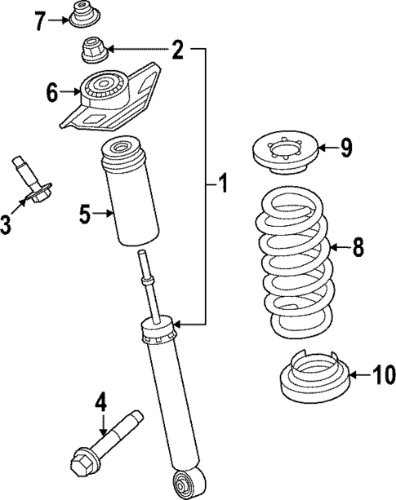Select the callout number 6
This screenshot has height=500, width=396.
53,93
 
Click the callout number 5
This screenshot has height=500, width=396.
84,215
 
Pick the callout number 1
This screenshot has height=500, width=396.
220,185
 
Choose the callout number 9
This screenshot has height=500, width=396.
346,148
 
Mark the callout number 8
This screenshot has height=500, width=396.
358,247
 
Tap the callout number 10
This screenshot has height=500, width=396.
383,375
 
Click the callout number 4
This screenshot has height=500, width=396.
100,401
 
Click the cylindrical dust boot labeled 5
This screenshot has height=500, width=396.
127,193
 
